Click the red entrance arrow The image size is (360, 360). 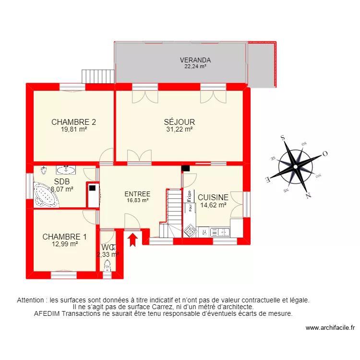click(x=133, y=239)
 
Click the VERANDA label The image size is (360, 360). click(x=195, y=60)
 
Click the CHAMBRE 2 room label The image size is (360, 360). click(x=73, y=122)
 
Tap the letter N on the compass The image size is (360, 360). click(x=309, y=195)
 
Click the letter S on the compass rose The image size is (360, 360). click(x=283, y=137)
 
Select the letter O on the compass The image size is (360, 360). click(x=324, y=154)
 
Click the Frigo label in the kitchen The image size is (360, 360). click(x=190, y=196)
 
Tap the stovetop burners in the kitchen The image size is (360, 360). click(x=191, y=231)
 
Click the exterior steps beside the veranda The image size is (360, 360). click(x=98, y=76)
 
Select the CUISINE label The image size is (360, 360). click(x=213, y=197)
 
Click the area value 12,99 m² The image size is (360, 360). click(x=65, y=244)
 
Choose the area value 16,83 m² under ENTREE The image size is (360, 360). click(x=137, y=201)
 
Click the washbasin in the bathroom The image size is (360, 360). click(x=66, y=170)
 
